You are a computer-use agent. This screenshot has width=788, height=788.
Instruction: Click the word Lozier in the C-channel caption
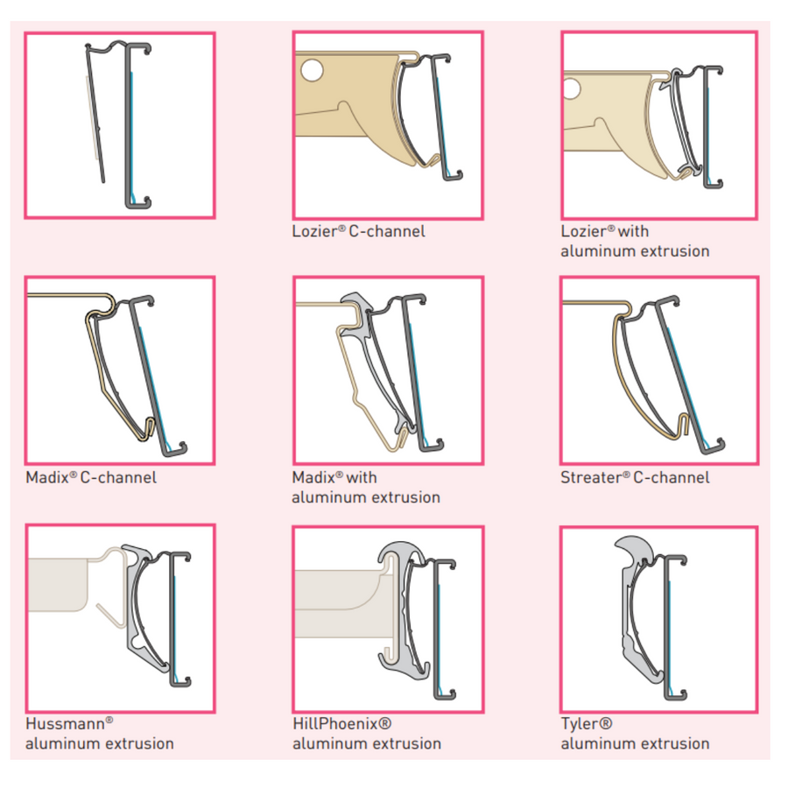click(x=313, y=232)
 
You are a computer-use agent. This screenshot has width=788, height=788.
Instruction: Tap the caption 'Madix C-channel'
click(x=91, y=478)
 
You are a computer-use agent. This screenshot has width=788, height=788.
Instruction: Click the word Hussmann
click(x=65, y=724)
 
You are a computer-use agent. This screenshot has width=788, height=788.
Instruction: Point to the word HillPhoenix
click(x=336, y=724)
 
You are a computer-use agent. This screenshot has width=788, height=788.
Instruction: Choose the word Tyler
click(x=580, y=724)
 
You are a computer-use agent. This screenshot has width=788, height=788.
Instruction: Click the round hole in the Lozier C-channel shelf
click(x=310, y=67)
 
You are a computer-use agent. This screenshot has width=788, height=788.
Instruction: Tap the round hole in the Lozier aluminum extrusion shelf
click(x=573, y=88)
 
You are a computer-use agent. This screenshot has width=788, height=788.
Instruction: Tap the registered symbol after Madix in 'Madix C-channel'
click(x=74, y=475)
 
